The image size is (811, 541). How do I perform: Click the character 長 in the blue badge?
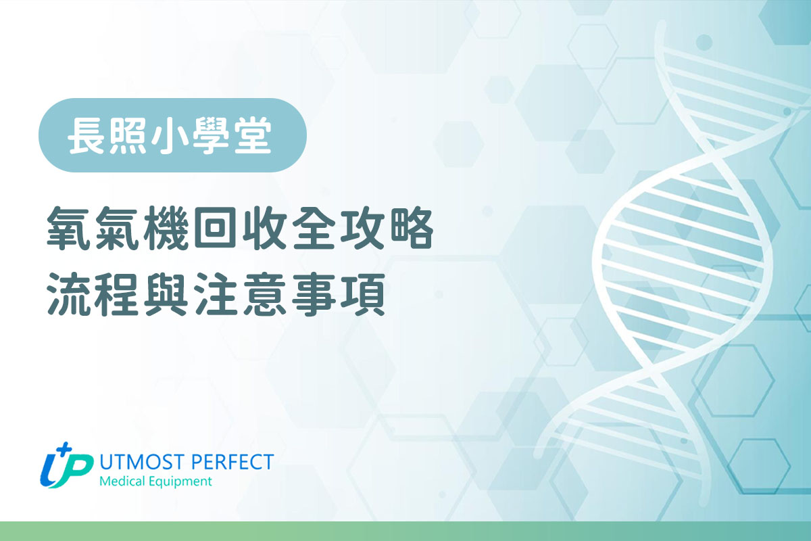click(87, 135)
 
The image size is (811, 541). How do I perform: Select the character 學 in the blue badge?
click(211, 135)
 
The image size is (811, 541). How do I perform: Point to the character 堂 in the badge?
click(253, 135)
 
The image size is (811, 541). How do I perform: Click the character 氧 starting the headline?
click(69, 228)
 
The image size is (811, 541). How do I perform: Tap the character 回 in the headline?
click(215, 229)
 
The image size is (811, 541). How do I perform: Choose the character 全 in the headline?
click(313, 228)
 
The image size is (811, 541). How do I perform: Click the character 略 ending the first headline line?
click(412, 228)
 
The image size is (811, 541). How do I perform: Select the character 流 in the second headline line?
click(69, 294)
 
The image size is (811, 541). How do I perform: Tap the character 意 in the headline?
click(264, 294)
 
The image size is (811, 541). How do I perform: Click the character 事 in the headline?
click(313, 294)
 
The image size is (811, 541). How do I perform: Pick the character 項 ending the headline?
click(362, 294)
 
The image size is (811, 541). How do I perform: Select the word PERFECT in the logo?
click(232, 462)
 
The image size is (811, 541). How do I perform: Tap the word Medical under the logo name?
click(122, 481)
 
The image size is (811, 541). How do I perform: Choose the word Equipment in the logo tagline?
click(180, 482)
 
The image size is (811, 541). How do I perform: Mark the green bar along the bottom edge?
click(405, 532)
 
